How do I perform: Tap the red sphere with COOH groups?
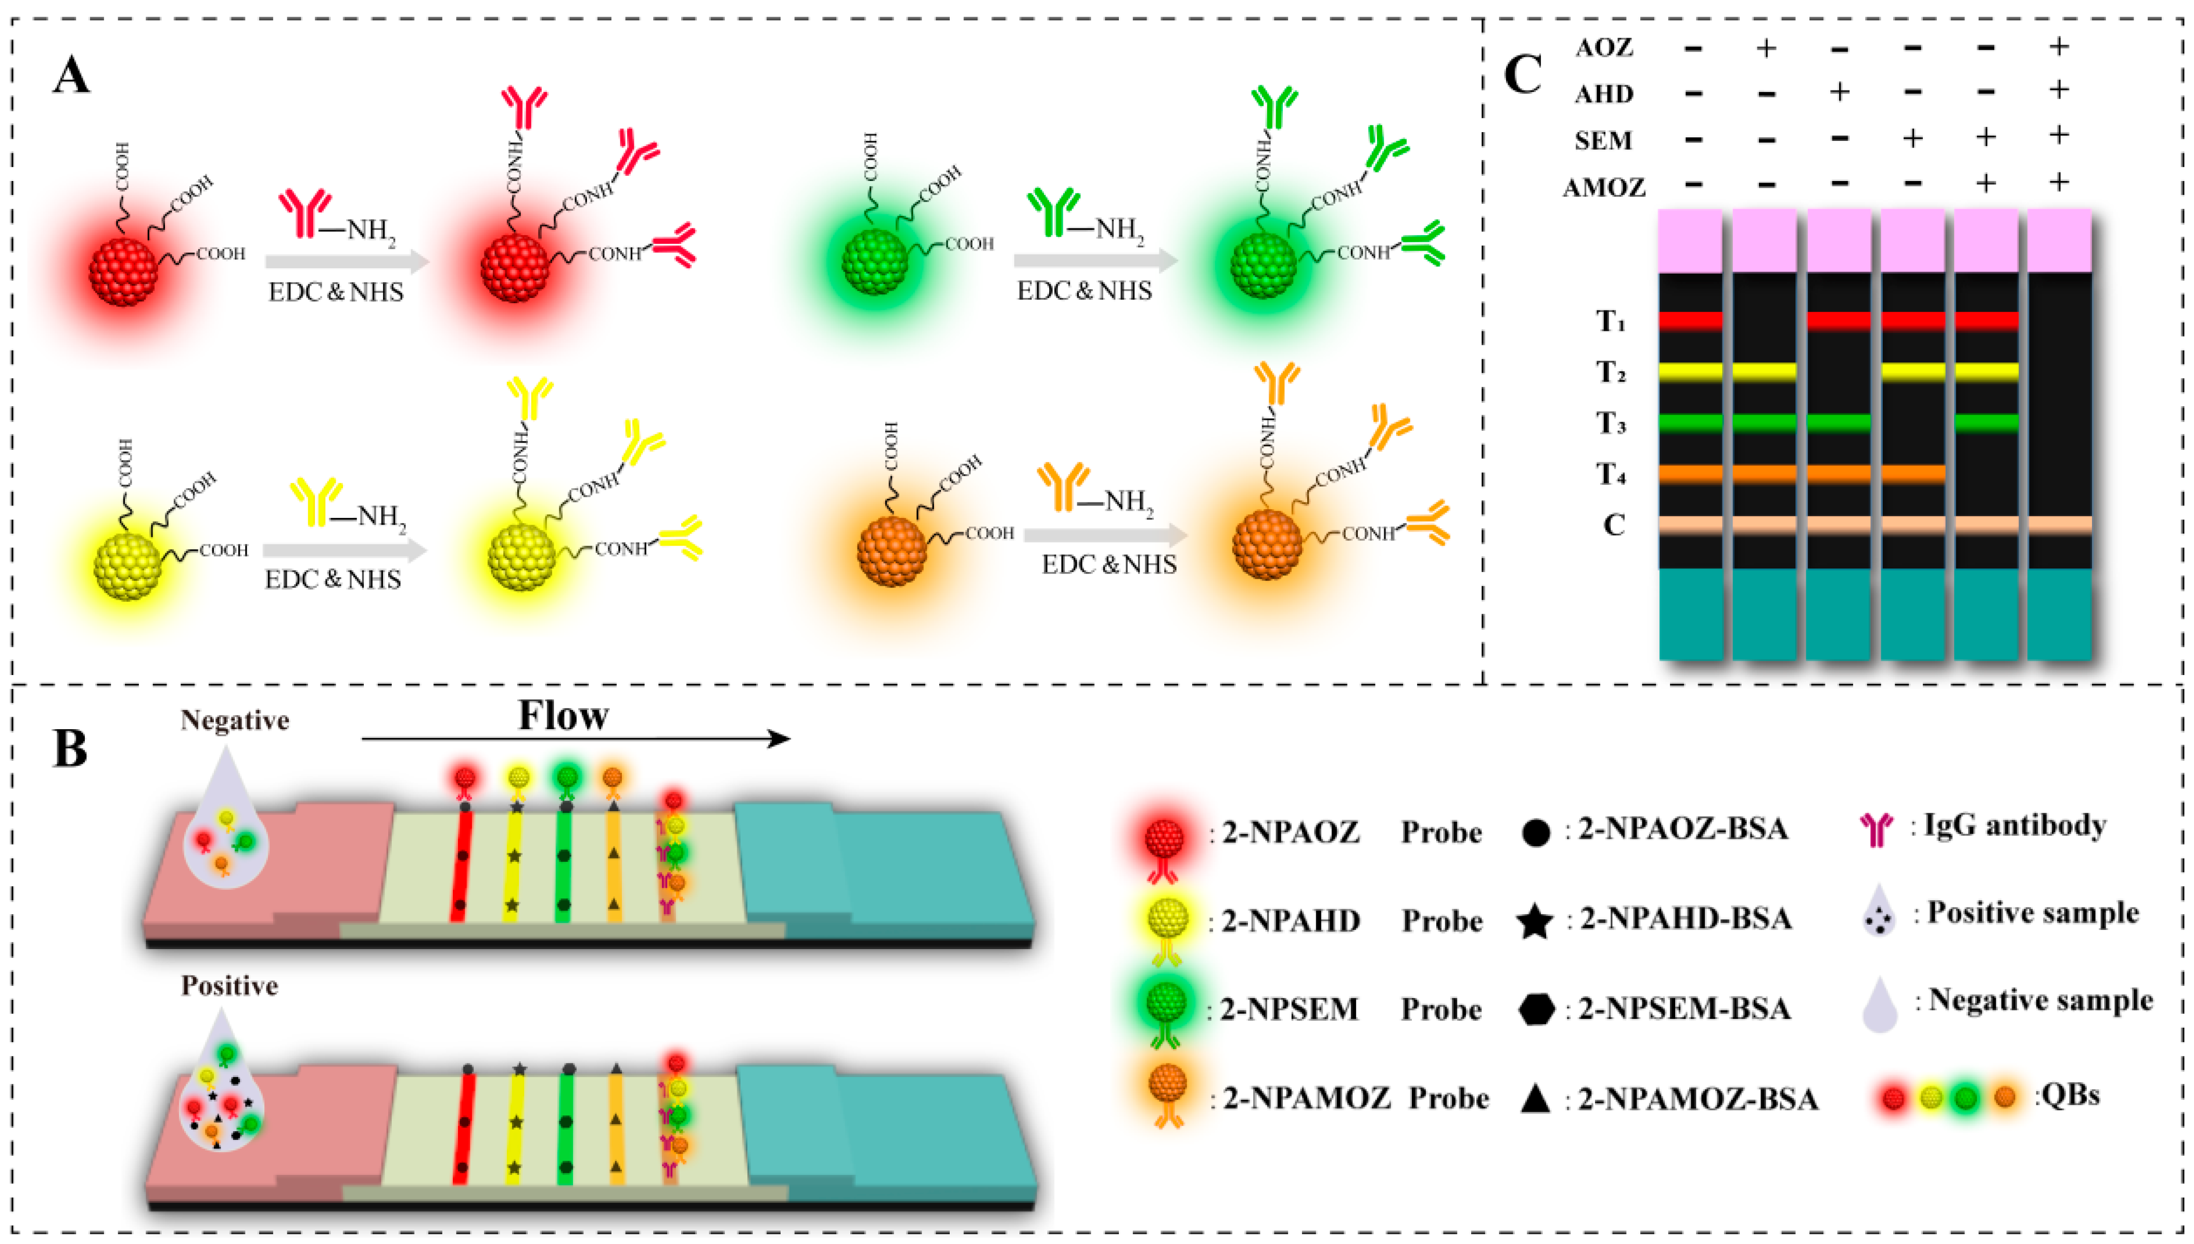coord(124,271)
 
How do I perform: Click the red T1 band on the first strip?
coord(1691,321)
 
